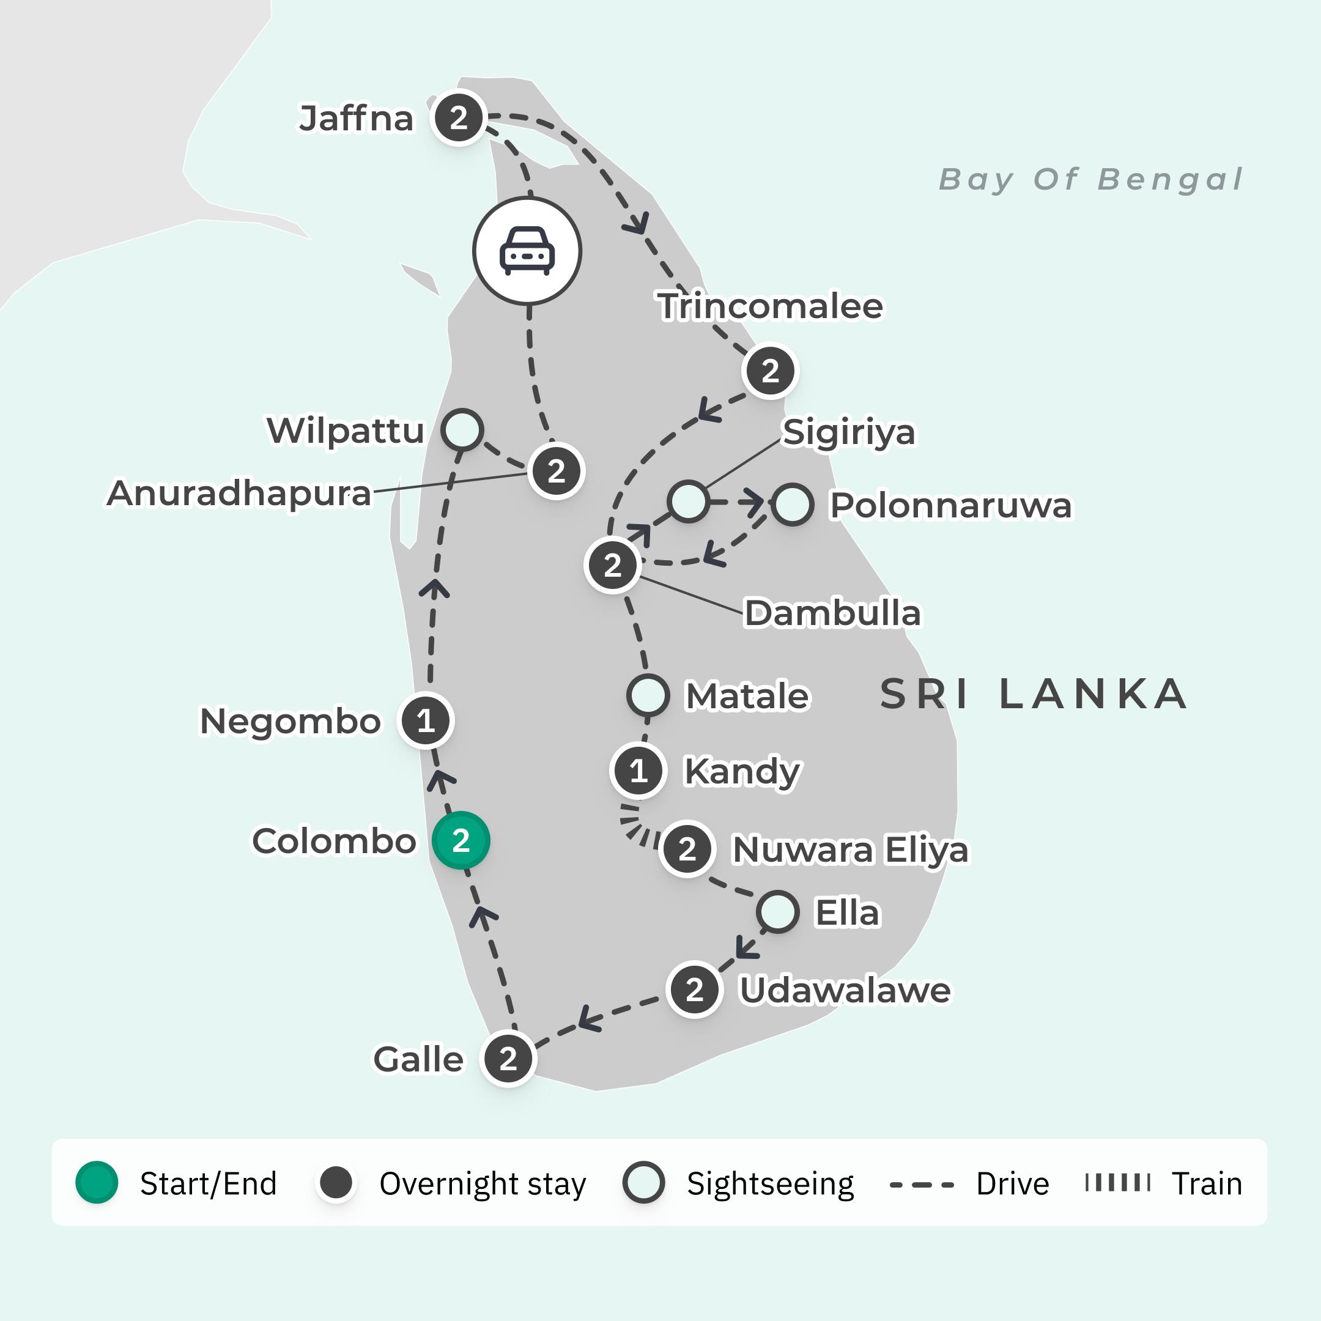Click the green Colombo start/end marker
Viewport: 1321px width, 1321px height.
[x=461, y=840]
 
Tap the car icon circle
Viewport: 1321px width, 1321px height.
[x=527, y=251]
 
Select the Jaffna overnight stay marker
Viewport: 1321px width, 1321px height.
[x=459, y=117]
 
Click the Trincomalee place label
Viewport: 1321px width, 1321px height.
[x=771, y=306]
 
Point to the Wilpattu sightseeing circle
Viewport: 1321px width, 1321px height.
[x=462, y=430]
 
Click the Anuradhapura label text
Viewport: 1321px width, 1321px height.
[x=239, y=493]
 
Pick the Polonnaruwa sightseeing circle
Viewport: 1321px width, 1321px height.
[x=793, y=505]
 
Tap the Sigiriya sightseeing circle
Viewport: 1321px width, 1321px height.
[x=688, y=501]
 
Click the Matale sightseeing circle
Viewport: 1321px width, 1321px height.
[x=648, y=695]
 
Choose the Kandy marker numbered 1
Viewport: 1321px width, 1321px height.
[x=638, y=771]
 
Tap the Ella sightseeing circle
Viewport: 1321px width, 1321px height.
[x=777, y=911]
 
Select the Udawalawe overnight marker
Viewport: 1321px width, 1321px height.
[x=695, y=990]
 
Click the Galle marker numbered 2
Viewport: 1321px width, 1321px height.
[x=508, y=1059]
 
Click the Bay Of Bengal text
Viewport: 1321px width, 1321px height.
[x=1090, y=180]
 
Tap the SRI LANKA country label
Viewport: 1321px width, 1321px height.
[x=1033, y=694]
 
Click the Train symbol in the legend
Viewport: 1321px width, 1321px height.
[x=1118, y=1183]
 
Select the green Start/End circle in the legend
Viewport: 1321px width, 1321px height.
[x=97, y=1182]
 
